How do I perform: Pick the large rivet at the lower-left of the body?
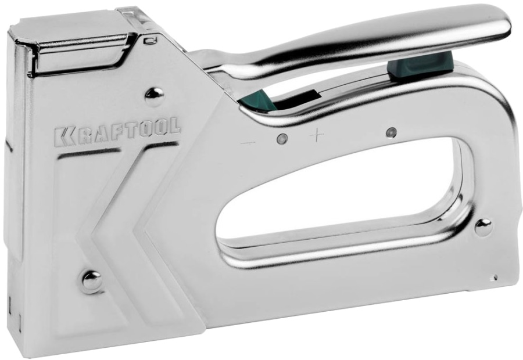(92, 281)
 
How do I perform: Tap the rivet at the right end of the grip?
(483, 228)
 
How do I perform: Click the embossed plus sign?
(317, 136)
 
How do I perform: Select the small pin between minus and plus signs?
(282, 139)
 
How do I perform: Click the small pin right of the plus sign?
(391, 132)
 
